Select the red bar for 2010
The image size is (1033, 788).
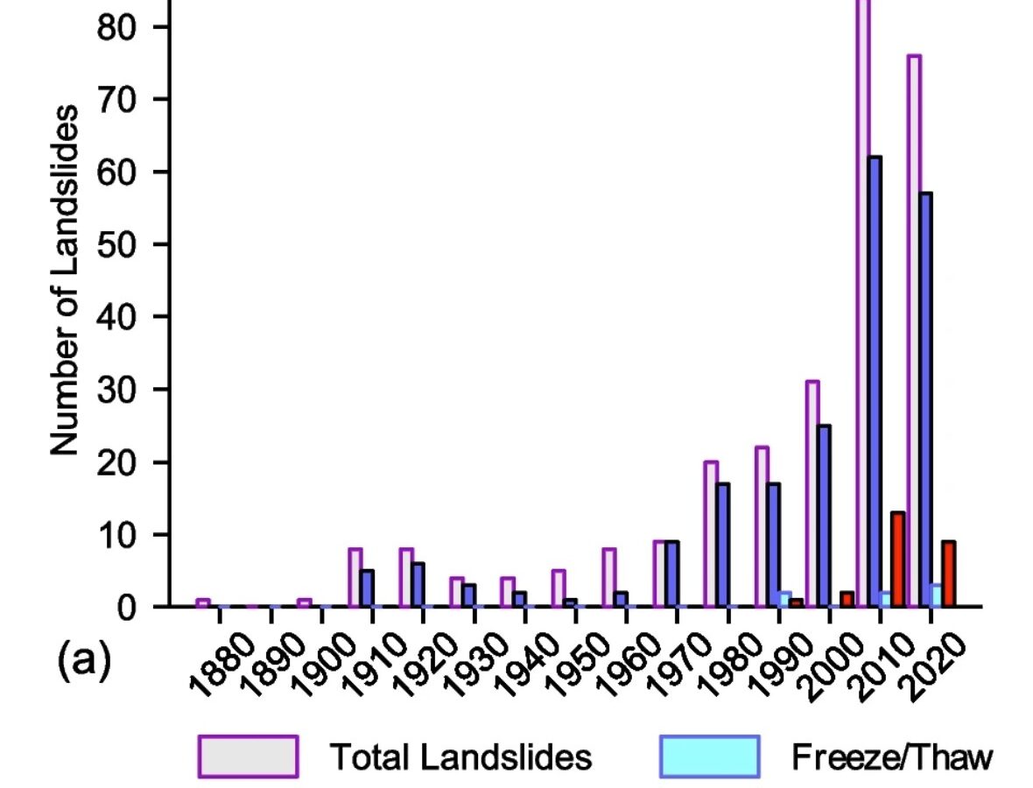pyautogui.click(x=897, y=559)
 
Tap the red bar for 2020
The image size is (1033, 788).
pyautogui.click(x=948, y=573)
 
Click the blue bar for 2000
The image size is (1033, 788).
pyautogui.click(x=824, y=516)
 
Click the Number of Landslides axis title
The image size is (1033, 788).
pyautogui.click(x=66, y=280)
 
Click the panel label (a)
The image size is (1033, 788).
pyautogui.click(x=84, y=663)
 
